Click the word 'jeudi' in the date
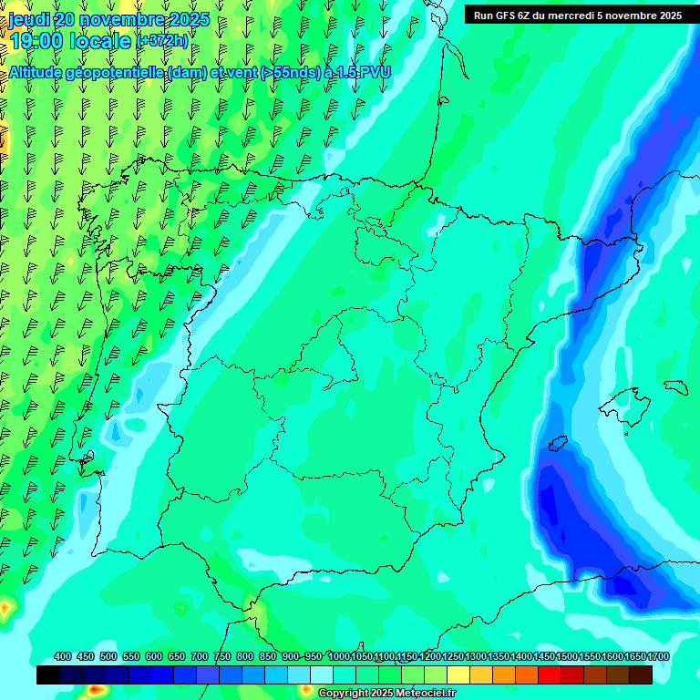29,19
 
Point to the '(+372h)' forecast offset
162,41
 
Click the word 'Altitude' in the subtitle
36,72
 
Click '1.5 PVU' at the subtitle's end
364,72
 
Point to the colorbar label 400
62,656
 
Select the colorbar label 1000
339,656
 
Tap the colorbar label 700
200,656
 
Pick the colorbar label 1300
476,656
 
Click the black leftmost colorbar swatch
48,674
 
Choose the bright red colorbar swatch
550,674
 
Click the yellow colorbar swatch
458,674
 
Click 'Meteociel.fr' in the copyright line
426,694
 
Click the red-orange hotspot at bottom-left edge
5,606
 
